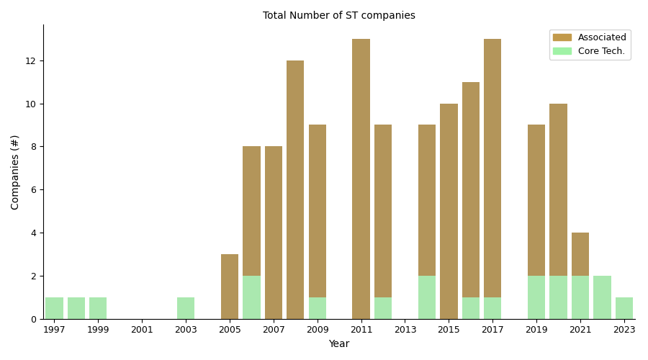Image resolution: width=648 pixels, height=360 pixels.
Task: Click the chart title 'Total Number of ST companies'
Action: tap(338, 16)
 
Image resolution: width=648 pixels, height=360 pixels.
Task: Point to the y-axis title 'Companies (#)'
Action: tap(15, 172)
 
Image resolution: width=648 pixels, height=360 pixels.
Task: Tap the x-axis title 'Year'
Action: tap(338, 344)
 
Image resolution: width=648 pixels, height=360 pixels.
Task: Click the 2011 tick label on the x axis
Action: tap(361, 330)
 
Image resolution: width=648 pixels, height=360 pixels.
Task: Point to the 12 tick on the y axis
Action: tap(31, 60)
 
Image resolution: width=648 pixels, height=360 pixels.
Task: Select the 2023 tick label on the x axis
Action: tap(624, 330)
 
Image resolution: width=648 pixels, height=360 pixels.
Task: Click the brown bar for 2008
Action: tap(295, 189)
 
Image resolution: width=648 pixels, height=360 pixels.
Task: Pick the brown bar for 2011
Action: tap(361, 179)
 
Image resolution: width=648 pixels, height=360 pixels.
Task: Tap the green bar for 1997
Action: tap(55, 308)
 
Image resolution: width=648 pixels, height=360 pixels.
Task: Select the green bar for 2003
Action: tap(186, 308)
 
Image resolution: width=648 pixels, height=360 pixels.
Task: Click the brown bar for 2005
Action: tap(230, 287)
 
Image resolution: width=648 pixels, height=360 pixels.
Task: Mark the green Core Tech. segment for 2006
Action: tap(251, 297)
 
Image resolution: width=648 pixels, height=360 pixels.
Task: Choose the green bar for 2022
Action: tap(602, 297)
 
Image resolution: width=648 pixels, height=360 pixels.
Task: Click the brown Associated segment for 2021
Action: tap(580, 254)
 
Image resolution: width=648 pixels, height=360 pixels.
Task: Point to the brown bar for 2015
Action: tap(449, 211)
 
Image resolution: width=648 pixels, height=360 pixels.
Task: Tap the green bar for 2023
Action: tap(624, 308)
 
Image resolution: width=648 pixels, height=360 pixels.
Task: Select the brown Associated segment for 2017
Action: tap(492, 168)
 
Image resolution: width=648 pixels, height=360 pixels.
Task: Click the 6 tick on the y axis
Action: tap(31, 190)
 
